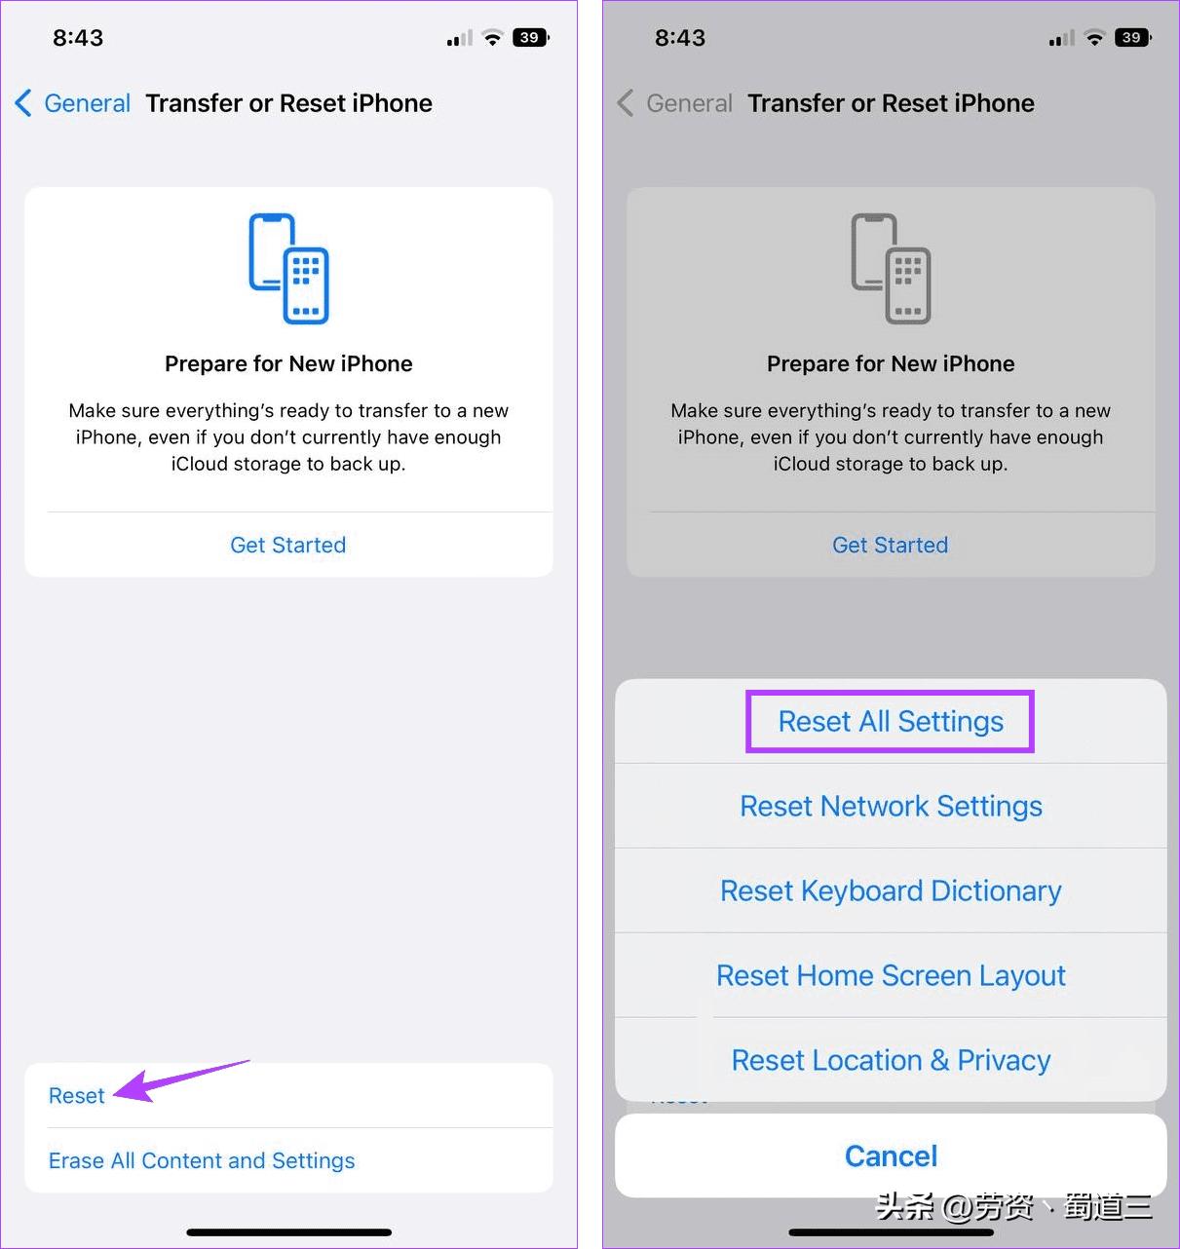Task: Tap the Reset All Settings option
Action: click(x=890, y=722)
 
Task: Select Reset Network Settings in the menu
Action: click(x=891, y=807)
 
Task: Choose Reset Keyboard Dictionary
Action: click(x=891, y=891)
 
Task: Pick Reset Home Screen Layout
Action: click(x=891, y=976)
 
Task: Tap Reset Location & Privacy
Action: click(x=891, y=1061)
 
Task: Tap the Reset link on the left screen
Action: click(x=76, y=1096)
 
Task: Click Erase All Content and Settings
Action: click(x=202, y=1161)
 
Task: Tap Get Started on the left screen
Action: click(x=287, y=546)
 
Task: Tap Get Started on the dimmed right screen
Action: click(x=890, y=546)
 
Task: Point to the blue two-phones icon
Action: click(x=288, y=268)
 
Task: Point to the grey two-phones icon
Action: click(x=891, y=268)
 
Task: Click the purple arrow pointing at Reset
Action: click(x=175, y=1081)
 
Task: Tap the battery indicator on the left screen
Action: click(x=530, y=38)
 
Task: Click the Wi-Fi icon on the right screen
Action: click(x=1095, y=38)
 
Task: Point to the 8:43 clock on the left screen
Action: click(x=78, y=38)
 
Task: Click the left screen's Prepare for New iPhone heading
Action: click(x=288, y=364)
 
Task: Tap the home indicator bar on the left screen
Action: click(x=288, y=1232)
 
